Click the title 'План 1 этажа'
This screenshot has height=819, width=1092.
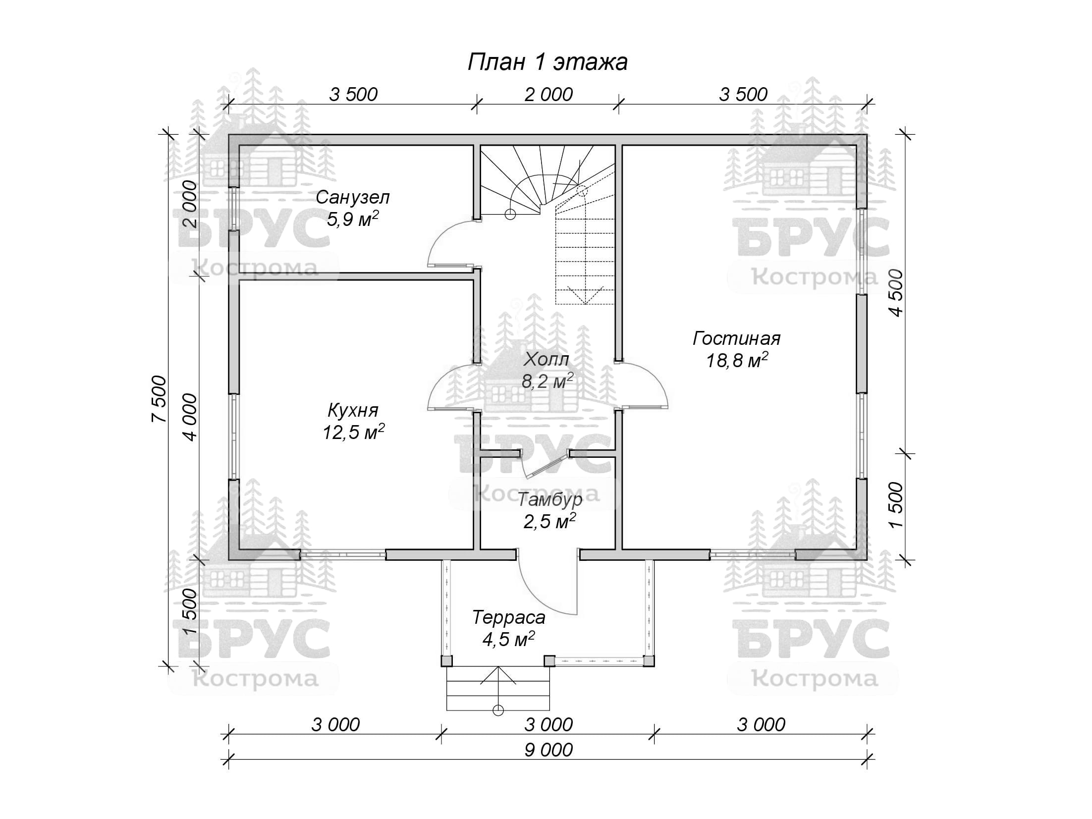click(547, 62)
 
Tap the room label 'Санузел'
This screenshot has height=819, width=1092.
click(353, 198)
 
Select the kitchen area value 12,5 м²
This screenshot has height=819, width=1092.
click(354, 432)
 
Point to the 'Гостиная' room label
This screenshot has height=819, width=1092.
click(736, 339)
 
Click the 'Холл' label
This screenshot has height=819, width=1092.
click(546, 359)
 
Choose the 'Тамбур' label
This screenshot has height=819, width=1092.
click(549, 499)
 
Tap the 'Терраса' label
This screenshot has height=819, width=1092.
click(508, 618)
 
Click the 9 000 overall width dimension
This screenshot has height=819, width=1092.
click(548, 750)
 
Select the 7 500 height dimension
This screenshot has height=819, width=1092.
click(160, 399)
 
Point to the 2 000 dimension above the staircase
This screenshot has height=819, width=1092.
click(548, 94)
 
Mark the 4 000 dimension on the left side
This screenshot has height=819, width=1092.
click(190, 417)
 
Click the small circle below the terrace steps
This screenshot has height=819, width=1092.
click(498, 710)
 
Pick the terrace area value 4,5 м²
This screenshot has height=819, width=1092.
click(508, 639)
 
